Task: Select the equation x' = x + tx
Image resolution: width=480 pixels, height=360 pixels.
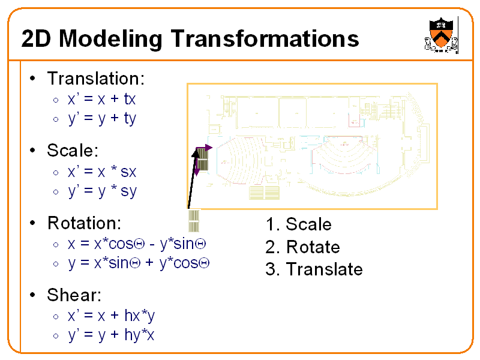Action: tap(101, 99)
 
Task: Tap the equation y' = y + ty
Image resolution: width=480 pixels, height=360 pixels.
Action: tap(102, 118)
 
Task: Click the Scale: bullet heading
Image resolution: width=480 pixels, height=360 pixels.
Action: tap(73, 150)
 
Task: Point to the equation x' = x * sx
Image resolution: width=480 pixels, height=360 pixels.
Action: tap(102, 172)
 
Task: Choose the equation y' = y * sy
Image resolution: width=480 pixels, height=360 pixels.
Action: tap(102, 191)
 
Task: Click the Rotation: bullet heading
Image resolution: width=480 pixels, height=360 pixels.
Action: tap(84, 223)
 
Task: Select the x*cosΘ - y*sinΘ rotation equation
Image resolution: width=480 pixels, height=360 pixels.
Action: tap(137, 244)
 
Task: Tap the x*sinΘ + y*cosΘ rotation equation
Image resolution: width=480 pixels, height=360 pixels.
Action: tap(138, 263)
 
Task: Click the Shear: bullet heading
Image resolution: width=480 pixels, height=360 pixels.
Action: tap(74, 295)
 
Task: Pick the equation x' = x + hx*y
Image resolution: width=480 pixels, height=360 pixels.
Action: tap(111, 316)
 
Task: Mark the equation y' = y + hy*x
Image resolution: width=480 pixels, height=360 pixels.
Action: tap(111, 335)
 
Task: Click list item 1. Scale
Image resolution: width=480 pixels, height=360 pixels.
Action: tap(298, 224)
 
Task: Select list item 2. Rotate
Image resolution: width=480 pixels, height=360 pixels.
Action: tap(302, 247)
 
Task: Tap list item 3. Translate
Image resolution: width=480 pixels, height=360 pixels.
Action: tap(314, 269)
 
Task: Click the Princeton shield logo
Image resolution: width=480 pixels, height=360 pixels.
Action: tap(440, 36)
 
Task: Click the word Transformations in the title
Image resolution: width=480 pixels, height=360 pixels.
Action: tap(265, 39)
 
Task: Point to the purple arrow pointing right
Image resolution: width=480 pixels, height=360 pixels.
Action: tap(206, 148)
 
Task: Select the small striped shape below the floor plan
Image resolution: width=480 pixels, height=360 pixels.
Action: tap(193, 221)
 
